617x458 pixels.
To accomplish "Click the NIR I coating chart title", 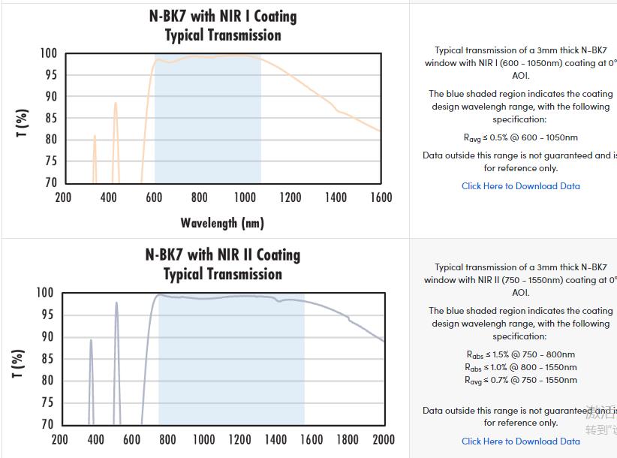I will (x=222, y=26).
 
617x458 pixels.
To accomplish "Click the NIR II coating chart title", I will (x=222, y=264).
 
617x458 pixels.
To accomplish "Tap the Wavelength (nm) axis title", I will (x=222, y=223).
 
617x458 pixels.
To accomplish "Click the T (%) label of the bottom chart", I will (x=19, y=363).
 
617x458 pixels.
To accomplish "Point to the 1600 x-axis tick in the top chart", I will (x=381, y=197).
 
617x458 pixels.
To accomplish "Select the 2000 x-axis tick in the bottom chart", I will (x=383, y=439).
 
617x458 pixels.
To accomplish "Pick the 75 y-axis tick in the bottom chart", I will (x=46, y=402).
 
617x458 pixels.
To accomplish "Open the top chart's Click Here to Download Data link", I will (x=520, y=186).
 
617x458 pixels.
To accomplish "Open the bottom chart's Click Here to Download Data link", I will (x=520, y=441).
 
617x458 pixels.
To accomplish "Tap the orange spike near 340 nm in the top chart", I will (x=95, y=137).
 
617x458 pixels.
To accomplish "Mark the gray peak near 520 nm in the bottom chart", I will (x=116, y=304).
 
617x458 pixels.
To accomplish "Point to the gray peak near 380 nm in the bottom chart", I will (x=91, y=342).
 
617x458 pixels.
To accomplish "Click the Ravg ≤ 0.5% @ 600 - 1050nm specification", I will (x=520, y=138).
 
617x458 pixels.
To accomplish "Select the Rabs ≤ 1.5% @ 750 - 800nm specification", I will (x=520, y=354).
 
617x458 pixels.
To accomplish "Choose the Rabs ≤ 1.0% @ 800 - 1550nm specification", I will (x=520, y=367).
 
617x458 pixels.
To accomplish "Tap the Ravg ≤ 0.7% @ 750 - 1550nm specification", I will (x=520, y=380).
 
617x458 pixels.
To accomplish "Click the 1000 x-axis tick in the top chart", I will (x=245, y=197).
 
